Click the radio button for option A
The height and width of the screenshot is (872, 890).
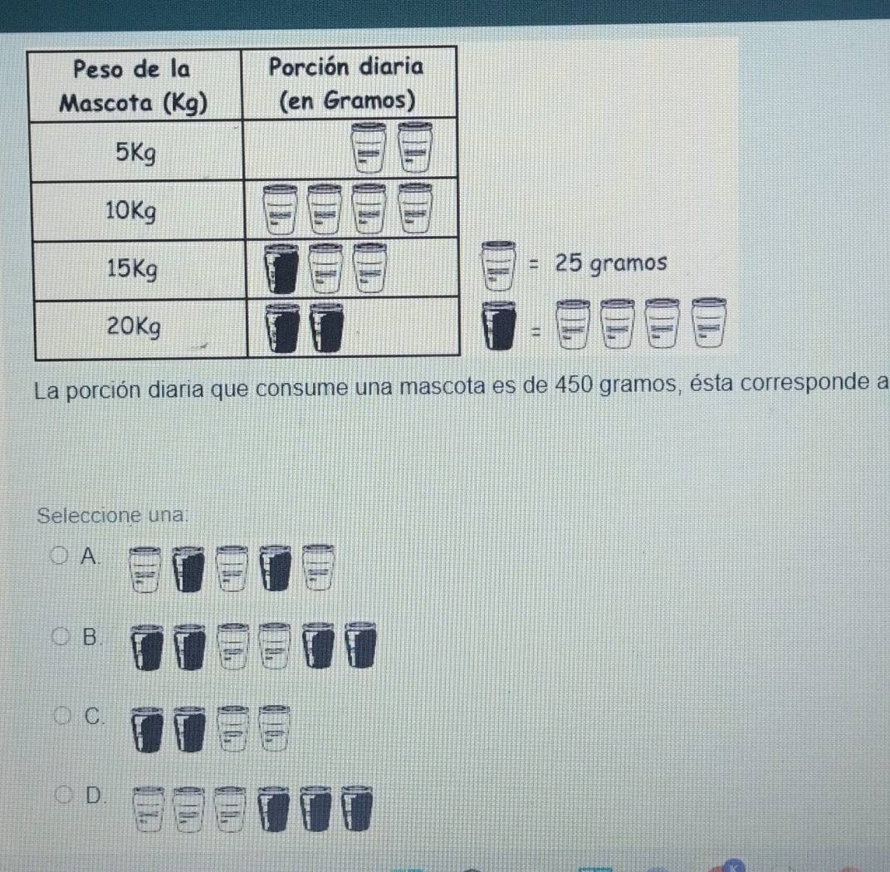[x=61, y=556]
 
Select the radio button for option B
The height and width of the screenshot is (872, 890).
[x=62, y=637]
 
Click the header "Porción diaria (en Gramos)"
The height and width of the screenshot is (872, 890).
[x=348, y=84]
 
